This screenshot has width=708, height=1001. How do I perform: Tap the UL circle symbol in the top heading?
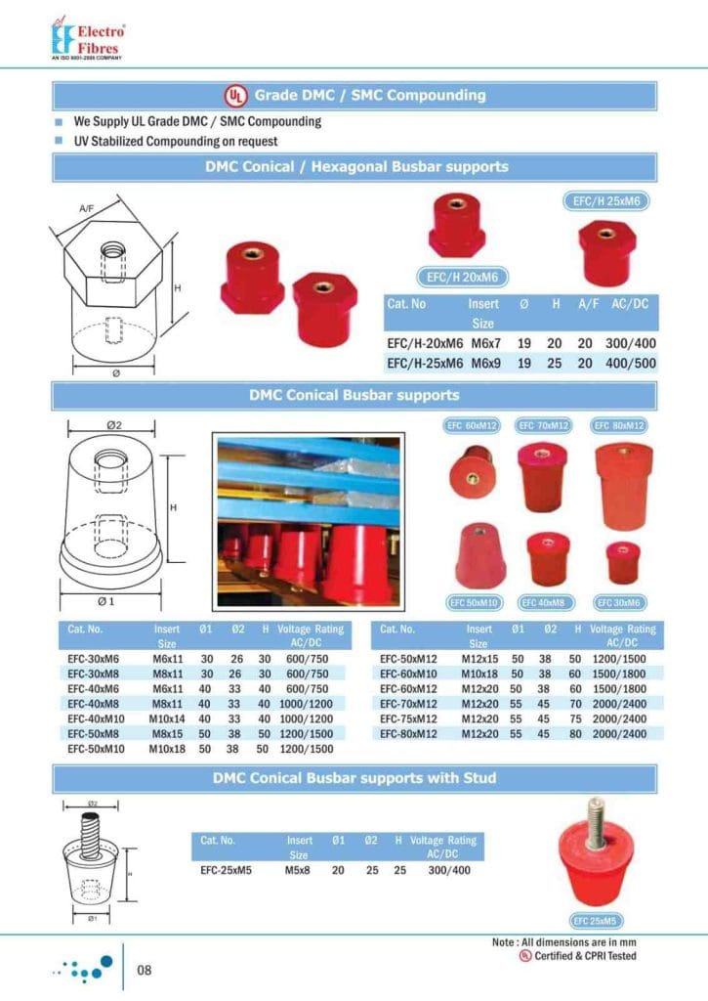click(x=235, y=96)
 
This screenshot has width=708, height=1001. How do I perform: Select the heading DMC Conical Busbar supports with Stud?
click(x=354, y=778)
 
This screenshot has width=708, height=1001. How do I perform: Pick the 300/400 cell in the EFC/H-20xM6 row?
click(x=630, y=344)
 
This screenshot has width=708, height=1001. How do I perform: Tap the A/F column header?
click(x=588, y=304)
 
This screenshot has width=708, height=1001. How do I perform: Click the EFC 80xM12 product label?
click(x=621, y=425)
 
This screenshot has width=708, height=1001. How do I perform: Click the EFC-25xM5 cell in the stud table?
click(x=226, y=869)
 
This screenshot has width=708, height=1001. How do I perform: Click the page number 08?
click(x=145, y=971)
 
